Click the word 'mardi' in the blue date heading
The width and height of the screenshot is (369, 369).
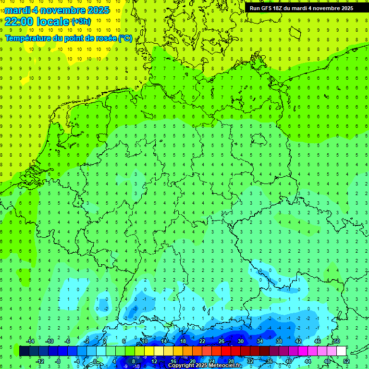click(18, 10)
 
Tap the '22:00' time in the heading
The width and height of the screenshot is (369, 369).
click(19, 21)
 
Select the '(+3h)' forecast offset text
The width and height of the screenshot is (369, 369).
click(80, 22)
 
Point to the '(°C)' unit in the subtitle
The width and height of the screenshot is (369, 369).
click(125, 38)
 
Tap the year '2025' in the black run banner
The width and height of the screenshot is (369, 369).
click(345, 8)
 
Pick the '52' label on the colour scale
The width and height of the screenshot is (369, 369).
click(346, 361)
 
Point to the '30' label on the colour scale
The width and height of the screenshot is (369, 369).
click(240, 341)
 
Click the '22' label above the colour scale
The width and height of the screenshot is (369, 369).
click(202, 341)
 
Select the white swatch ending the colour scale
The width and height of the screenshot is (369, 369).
click(341, 351)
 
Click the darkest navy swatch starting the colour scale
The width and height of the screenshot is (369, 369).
click(25, 351)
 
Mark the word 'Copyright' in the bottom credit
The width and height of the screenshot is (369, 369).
click(181, 366)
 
